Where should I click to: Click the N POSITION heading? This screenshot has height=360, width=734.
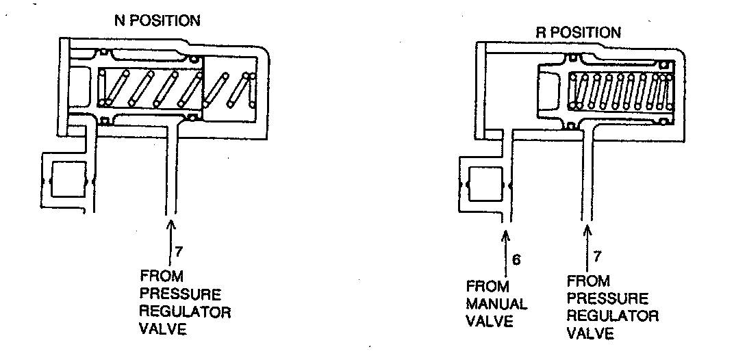(x=157, y=21)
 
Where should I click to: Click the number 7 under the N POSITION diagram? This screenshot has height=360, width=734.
(x=179, y=251)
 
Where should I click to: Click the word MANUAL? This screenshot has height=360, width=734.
(x=496, y=303)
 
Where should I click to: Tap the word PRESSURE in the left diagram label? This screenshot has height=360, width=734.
(x=181, y=295)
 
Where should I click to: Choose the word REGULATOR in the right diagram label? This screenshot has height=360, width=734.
(x=613, y=316)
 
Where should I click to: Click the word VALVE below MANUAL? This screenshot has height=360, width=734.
(x=489, y=320)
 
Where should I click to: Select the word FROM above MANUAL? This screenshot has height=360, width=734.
(x=486, y=285)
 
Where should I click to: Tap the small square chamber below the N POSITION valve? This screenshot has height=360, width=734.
(x=68, y=180)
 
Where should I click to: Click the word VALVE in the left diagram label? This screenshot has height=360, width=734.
(x=162, y=329)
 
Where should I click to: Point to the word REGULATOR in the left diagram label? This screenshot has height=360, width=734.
(x=185, y=312)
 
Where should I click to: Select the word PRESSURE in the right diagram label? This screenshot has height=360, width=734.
(x=607, y=299)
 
